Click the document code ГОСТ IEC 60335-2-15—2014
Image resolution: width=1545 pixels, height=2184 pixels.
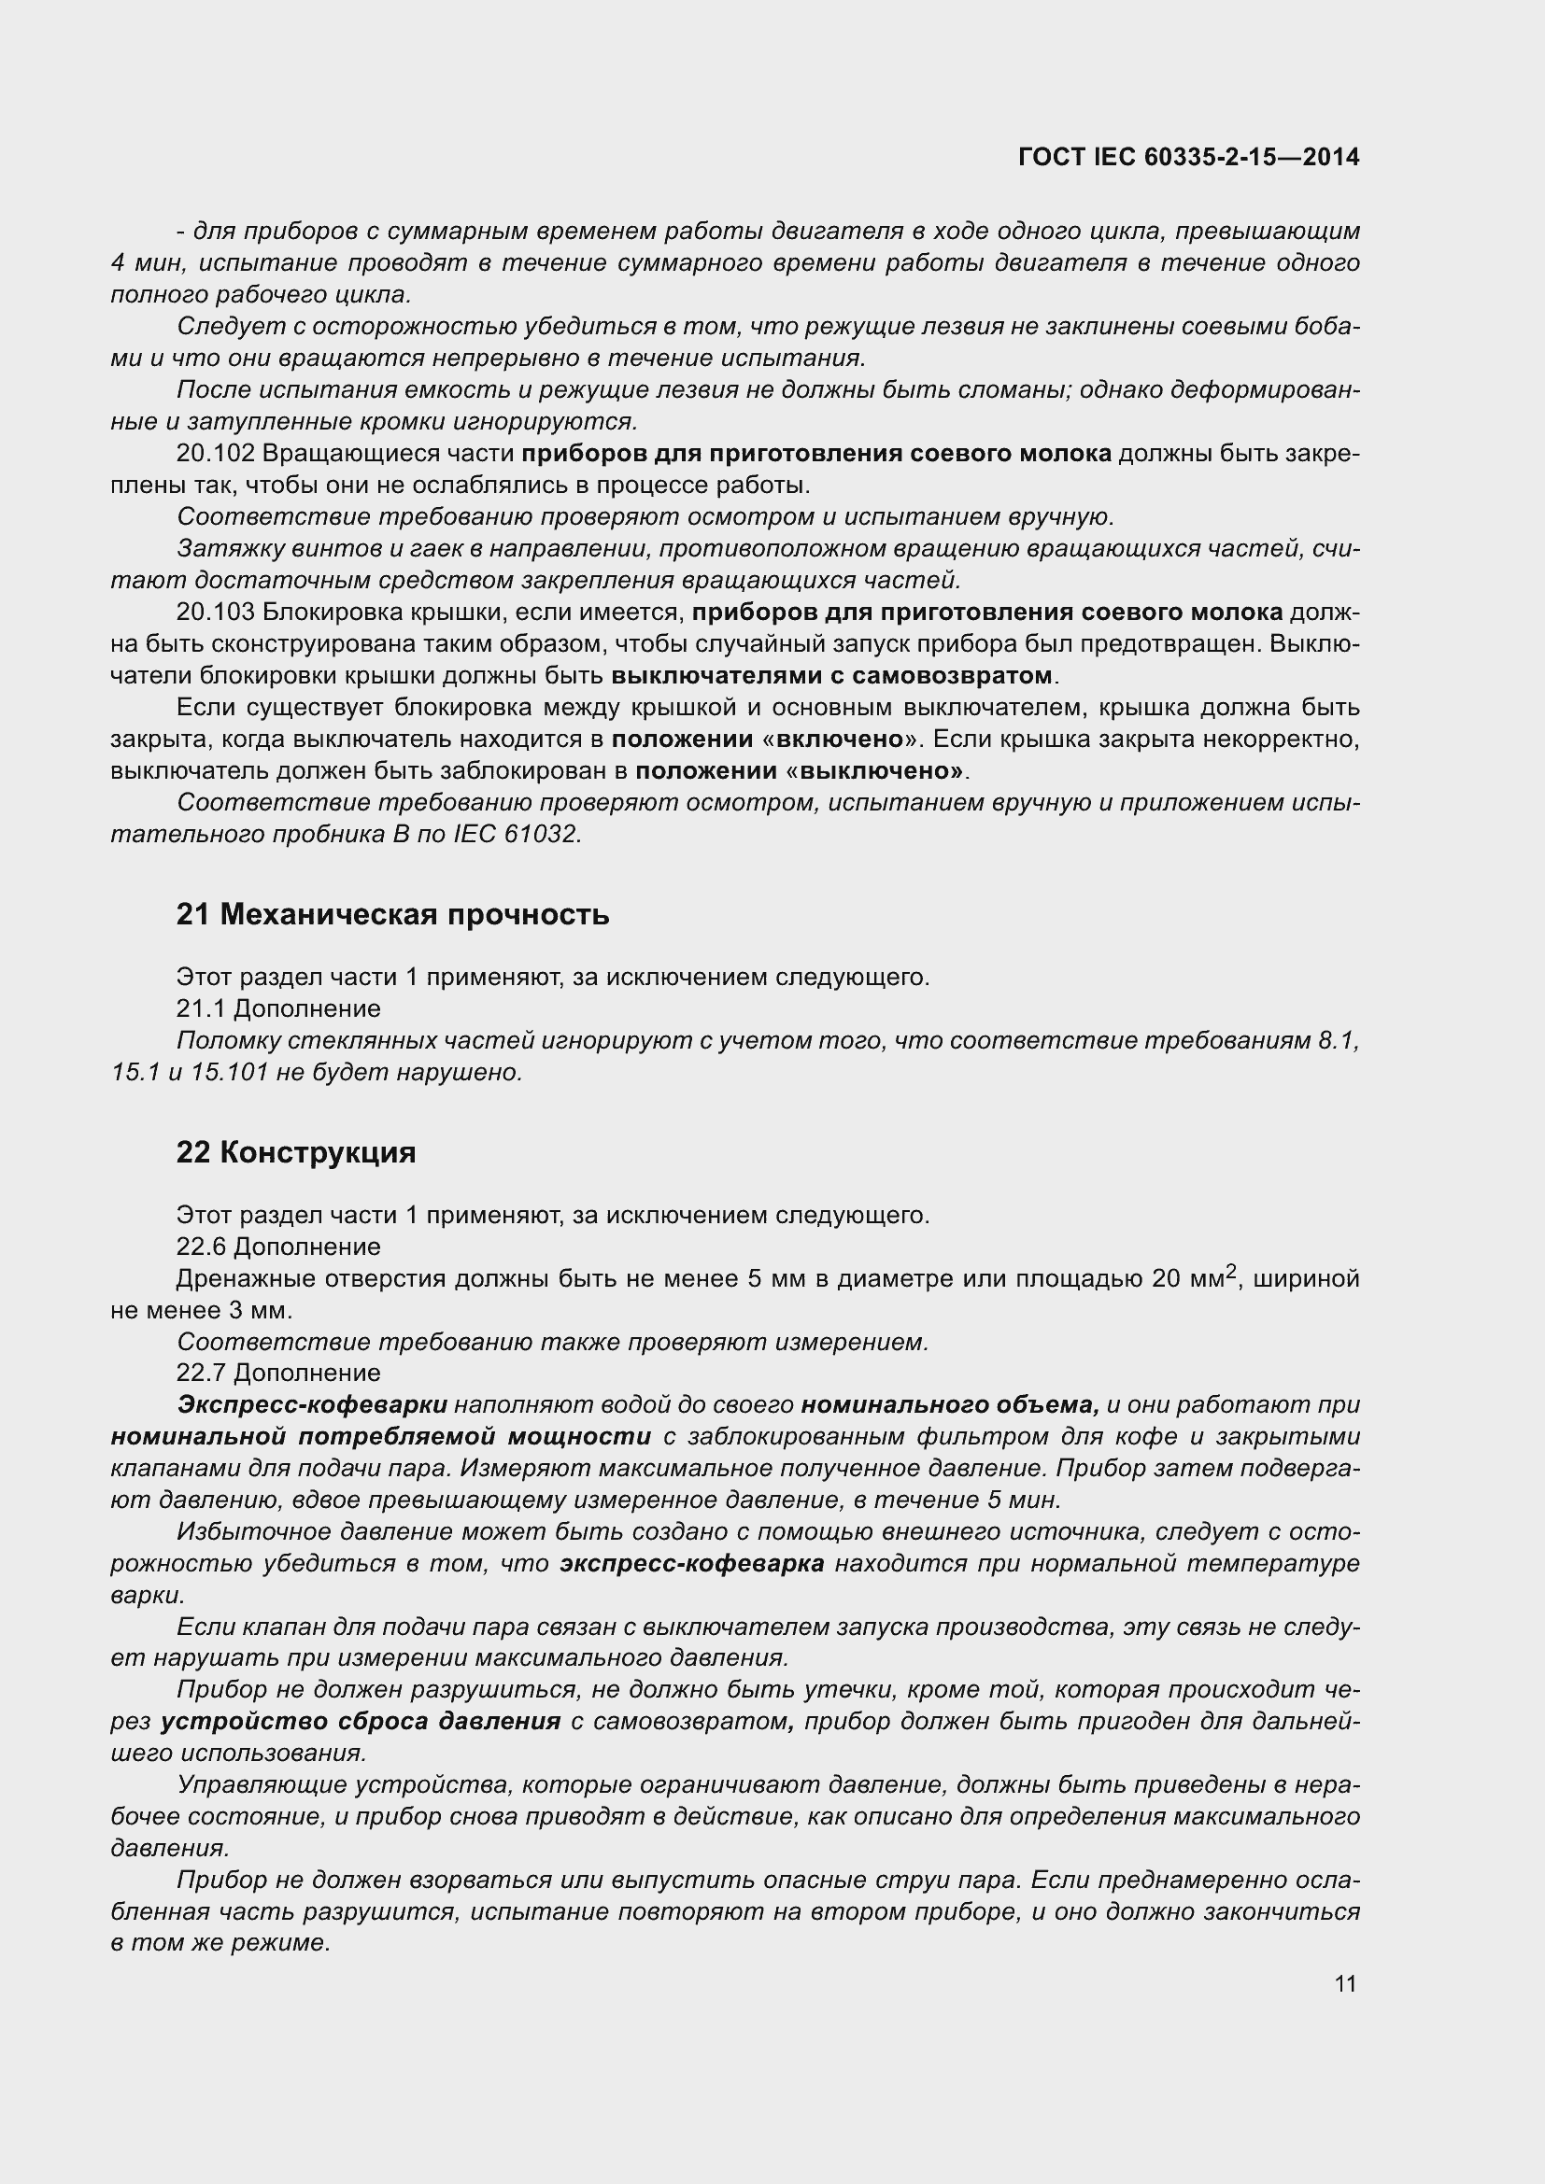point(1188,157)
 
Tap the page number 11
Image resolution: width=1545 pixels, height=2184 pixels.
point(1345,1983)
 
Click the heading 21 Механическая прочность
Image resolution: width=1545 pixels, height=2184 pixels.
point(393,914)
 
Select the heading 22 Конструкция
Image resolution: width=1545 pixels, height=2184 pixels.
point(296,1152)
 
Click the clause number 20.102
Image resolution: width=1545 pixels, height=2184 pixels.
point(216,454)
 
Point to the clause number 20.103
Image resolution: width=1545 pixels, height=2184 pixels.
point(216,612)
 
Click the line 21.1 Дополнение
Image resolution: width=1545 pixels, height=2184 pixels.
point(277,1008)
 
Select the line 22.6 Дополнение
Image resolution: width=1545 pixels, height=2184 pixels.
point(277,1247)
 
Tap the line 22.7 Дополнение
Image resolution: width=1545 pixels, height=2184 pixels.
point(277,1373)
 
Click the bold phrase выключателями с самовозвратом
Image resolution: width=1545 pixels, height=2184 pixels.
point(831,675)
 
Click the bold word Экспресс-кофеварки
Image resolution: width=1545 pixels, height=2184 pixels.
point(312,1405)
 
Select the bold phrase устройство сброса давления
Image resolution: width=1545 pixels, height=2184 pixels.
point(361,1722)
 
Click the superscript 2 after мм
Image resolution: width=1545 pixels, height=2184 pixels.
point(1231,1271)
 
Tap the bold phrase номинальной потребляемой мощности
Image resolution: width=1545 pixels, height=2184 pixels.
point(380,1436)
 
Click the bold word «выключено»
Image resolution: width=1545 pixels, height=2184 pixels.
point(871,770)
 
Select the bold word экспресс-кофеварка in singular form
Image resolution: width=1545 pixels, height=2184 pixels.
point(691,1564)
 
